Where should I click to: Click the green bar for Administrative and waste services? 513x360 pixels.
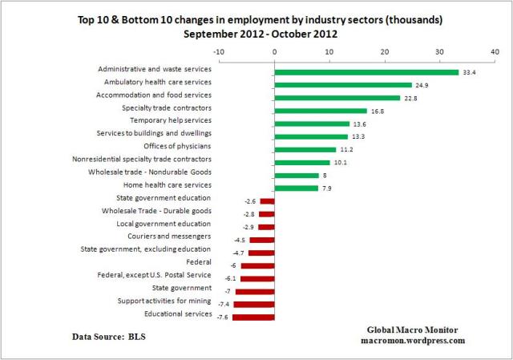(x=366, y=72)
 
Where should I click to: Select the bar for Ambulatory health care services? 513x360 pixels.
(x=343, y=85)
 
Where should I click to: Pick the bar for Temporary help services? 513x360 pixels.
(x=312, y=123)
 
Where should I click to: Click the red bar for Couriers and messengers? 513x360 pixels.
(x=262, y=240)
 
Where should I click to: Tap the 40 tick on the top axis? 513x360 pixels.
(x=494, y=52)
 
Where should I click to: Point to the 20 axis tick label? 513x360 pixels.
(x=385, y=52)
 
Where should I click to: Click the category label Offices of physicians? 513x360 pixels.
(x=177, y=146)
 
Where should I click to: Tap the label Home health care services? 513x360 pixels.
(x=168, y=184)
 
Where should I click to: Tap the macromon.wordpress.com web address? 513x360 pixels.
(x=412, y=340)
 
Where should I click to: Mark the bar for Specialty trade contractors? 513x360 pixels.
(x=321, y=111)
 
